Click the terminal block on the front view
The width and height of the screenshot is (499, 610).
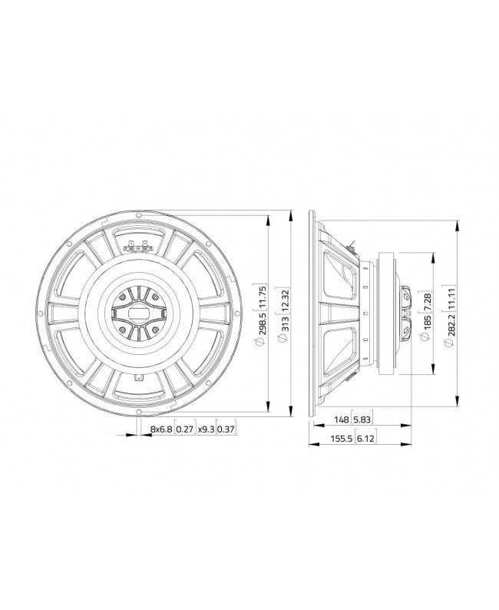point(137,247)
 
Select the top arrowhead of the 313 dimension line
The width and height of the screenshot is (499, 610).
point(292,214)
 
